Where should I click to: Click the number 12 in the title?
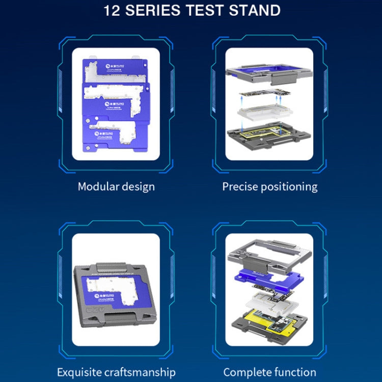pos(113,10)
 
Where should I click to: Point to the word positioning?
pos(288,187)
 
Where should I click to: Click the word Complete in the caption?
pos(246,372)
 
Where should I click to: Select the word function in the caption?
pos(294,372)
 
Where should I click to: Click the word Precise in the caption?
pos(238,187)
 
